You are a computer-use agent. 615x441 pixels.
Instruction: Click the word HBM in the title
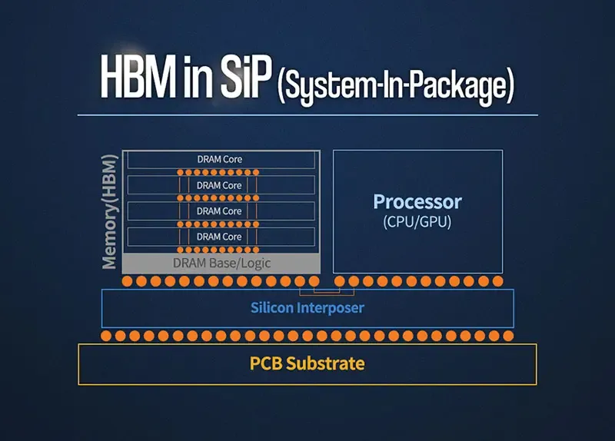click(138, 76)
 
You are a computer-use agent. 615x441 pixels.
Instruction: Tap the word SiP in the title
click(246, 76)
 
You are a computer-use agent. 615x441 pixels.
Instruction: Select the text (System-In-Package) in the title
click(396, 86)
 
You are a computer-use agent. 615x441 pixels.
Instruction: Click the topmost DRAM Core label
click(220, 160)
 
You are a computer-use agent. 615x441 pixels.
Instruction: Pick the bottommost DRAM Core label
click(219, 237)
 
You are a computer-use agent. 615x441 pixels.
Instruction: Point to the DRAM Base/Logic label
click(221, 263)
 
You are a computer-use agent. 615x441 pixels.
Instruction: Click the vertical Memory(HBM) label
click(109, 212)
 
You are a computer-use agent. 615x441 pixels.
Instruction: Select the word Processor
click(417, 202)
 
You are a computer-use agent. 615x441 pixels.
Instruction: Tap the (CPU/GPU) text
click(417, 222)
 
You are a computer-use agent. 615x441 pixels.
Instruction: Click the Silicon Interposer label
click(307, 308)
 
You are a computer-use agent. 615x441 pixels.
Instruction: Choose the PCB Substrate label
click(307, 363)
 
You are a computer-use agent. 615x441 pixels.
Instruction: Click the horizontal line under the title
click(307, 115)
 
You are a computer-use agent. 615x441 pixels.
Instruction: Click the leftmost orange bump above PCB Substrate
click(106, 336)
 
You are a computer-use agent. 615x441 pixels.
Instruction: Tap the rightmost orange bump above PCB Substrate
click(508, 336)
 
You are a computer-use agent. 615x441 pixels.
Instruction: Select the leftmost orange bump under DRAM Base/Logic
click(127, 281)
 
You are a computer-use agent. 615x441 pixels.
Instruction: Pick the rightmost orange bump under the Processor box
click(497, 281)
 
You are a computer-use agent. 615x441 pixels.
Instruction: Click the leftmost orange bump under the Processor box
click(340, 281)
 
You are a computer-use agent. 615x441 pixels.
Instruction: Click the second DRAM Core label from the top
click(219, 185)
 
